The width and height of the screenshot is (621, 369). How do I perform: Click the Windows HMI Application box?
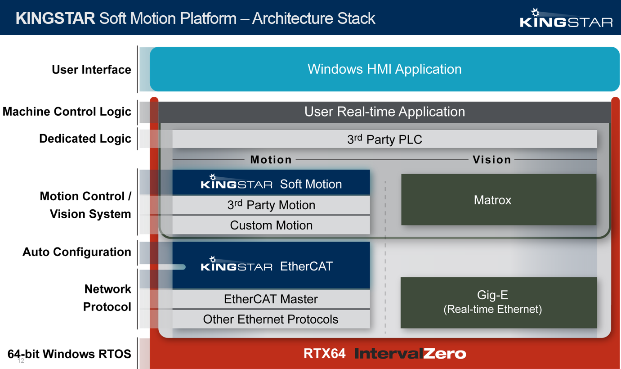(384, 69)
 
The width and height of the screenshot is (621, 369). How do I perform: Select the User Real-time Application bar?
(384, 112)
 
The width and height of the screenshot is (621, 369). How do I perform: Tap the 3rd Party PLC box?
(384, 139)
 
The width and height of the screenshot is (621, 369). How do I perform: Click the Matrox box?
(498, 199)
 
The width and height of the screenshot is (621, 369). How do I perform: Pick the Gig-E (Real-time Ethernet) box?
(498, 302)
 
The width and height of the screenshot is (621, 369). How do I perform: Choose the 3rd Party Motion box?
(271, 205)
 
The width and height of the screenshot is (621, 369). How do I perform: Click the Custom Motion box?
(271, 225)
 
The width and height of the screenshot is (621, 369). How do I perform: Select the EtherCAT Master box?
(271, 299)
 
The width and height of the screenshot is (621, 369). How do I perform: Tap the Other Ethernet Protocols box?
(271, 319)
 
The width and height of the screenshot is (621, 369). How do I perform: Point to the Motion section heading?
(271, 160)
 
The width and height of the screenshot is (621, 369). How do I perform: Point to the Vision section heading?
(492, 160)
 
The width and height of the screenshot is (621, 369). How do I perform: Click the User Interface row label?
(91, 69)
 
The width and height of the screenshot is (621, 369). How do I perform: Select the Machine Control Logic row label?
(67, 112)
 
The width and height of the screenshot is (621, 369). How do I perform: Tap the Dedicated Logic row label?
(85, 139)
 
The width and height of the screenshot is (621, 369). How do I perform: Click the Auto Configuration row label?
(77, 252)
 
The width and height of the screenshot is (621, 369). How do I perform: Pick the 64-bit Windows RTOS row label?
(69, 354)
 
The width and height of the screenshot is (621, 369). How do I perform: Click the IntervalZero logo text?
(410, 353)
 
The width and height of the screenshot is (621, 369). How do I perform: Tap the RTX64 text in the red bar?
(324, 353)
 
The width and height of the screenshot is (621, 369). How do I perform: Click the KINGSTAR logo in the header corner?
(566, 18)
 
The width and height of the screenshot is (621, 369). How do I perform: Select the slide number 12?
(21, 361)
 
